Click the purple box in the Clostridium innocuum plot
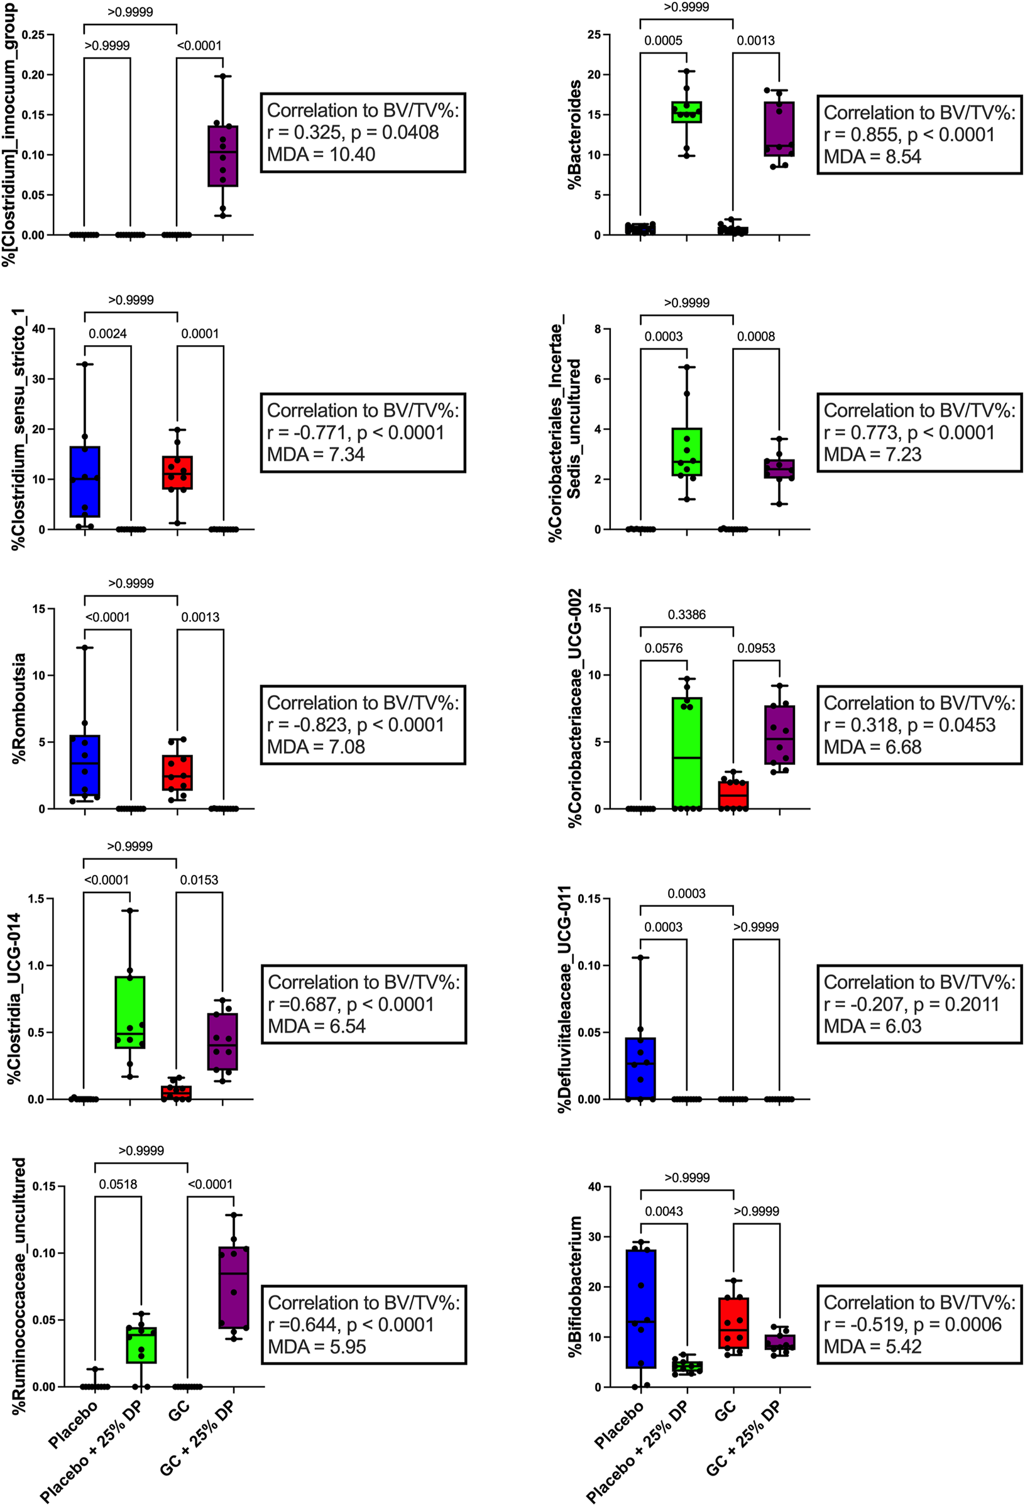tap(223, 155)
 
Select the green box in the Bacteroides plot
tap(686, 111)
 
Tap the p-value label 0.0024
tap(107, 334)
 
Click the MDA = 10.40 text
tap(321, 154)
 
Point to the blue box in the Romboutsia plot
tap(85, 766)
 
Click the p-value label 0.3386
tap(686, 614)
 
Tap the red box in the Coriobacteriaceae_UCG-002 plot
tap(733, 796)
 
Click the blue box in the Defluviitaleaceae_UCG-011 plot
tap(640, 1068)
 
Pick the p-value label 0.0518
tap(118, 1184)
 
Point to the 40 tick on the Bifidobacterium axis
tap(594, 1187)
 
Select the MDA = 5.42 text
tap(872, 1346)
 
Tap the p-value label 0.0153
tap(199, 879)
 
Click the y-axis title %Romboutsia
tap(19, 708)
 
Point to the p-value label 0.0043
tap(664, 1211)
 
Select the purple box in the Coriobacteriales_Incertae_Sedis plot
tap(779, 469)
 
